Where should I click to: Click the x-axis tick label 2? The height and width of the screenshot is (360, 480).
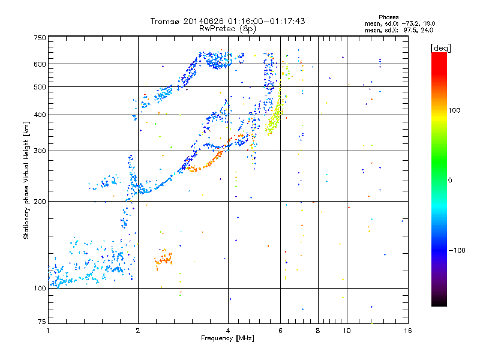[x=138, y=330]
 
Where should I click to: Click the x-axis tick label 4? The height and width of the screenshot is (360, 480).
[x=228, y=330]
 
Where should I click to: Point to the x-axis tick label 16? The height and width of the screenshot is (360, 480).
[x=407, y=330]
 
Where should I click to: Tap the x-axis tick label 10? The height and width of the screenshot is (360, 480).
[x=346, y=330]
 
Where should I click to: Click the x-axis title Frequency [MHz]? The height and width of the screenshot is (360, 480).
[x=227, y=338]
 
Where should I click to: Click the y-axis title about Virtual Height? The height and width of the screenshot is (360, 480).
[x=26, y=180]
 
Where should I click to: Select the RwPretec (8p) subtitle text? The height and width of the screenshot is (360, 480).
[x=227, y=28]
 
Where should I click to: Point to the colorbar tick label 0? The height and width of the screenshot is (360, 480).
[x=452, y=180]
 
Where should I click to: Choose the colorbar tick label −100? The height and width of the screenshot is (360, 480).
[x=458, y=250]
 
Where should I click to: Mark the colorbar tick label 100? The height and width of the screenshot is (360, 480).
[x=455, y=110]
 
